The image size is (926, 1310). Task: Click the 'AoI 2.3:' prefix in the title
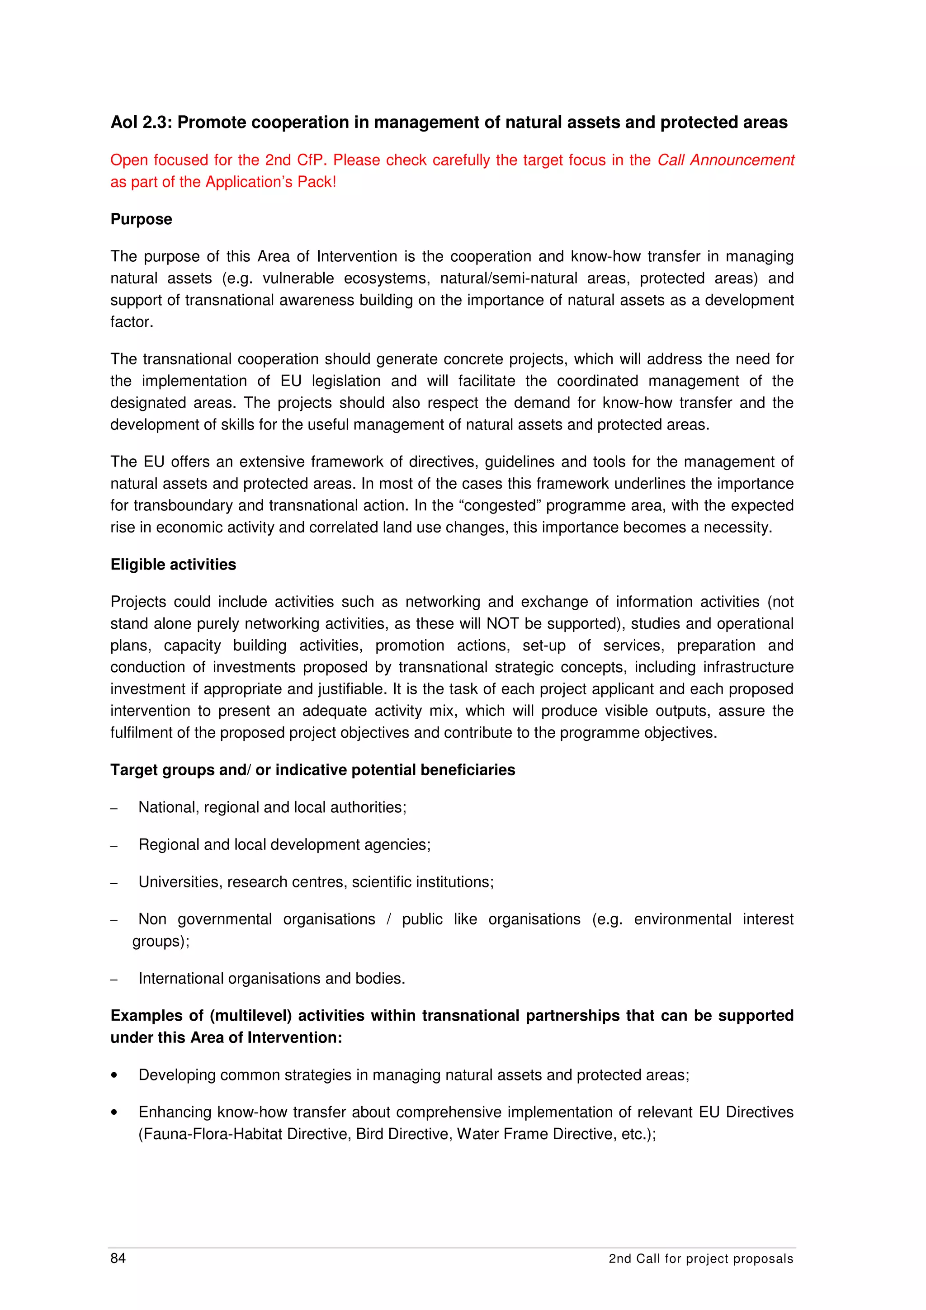(141, 123)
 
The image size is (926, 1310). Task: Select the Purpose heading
(141, 219)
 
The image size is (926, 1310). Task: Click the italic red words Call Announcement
(725, 160)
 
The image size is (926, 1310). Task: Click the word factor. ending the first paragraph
(131, 322)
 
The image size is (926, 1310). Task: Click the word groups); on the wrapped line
(161, 941)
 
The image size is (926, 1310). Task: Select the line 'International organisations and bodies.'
(272, 979)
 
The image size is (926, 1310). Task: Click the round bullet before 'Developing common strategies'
(115, 1075)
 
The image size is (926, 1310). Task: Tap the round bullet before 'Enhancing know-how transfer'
(115, 1112)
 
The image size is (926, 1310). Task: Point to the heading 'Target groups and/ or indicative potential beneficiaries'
(312, 770)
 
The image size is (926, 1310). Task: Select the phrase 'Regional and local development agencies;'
(284, 844)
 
